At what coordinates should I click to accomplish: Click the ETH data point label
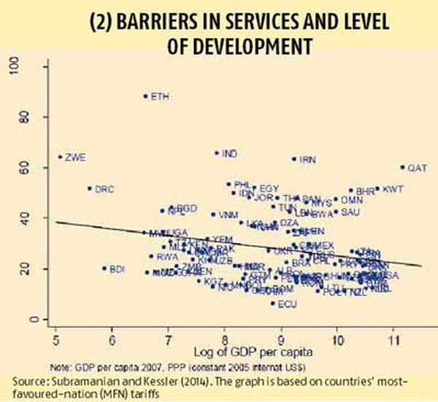(158, 96)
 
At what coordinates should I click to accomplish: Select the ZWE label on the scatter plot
(75, 157)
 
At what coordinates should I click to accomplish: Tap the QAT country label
(417, 168)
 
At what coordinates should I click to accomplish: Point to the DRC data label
(105, 188)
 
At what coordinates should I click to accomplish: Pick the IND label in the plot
(229, 153)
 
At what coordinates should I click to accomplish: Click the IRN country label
(307, 158)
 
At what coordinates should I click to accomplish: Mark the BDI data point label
(118, 268)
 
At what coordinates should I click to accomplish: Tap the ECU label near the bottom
(288, 304)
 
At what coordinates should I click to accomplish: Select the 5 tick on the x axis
(56, 340)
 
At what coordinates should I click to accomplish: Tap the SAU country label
(350, 212)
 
